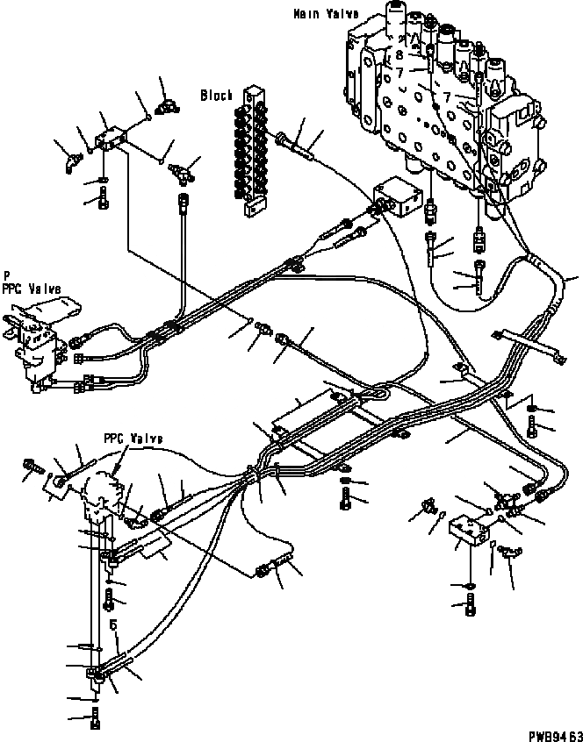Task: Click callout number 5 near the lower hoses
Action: (114, 624)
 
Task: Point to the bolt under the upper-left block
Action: (103, 201)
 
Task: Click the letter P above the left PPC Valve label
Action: (6, 273)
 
